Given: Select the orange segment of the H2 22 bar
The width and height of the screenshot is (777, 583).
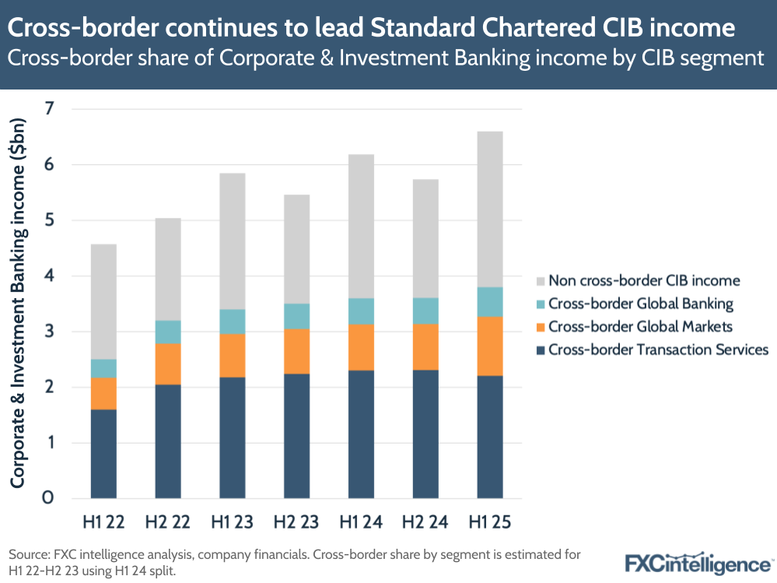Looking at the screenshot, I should (x=168, y=363).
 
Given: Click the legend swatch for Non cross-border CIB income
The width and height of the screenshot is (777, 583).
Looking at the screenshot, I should (x=540, y=280).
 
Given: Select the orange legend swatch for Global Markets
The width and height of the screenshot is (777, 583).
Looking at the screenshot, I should (x=540, y=327).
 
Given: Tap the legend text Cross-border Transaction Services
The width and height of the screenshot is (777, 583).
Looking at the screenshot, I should (x=658, y=349).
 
